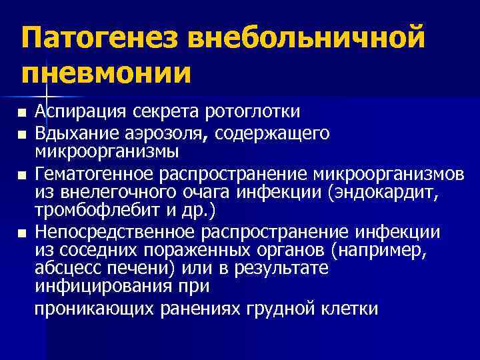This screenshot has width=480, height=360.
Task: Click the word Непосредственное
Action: coord(115,232)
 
